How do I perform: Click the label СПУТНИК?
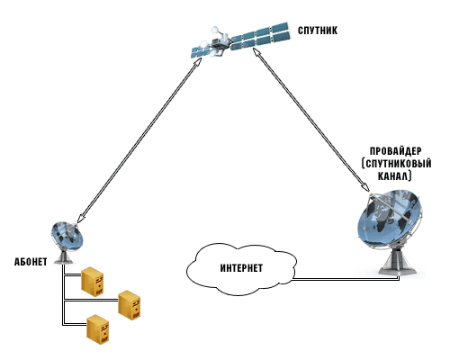pyautogui.click(x=318, y=31)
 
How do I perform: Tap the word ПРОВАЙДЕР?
pyautogui.click(x=395, y=150)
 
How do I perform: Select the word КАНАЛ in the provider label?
pyautogui.click(x=394, y=176)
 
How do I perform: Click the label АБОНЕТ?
pyautogui.click(x=31, y=262)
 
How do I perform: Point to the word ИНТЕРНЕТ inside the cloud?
pyautogui.click(x=241, y=268)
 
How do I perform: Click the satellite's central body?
pyautogui.click(x=219, y=43)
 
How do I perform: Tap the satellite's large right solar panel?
pyautogui.click(x=260, y=35)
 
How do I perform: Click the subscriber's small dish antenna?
pyautogui.click(x=67, y=237)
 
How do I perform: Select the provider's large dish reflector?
pyautogui.click(x=390, y=219)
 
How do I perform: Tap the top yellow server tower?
pyautogui.click(x=93, y=282)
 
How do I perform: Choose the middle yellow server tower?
pyautogui.click(x=130, y=305)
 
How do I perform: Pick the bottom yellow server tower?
pyautogui.click(x=98, y=329)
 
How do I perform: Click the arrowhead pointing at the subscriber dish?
pyautogui.click(x=80, y=218)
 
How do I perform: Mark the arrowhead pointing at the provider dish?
pyautogui.click(x=366, y=186)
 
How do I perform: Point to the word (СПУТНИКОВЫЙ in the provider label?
pyautogui.click(x=396, y=164)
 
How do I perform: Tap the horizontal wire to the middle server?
pyautogui.click(x=91, y=300)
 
